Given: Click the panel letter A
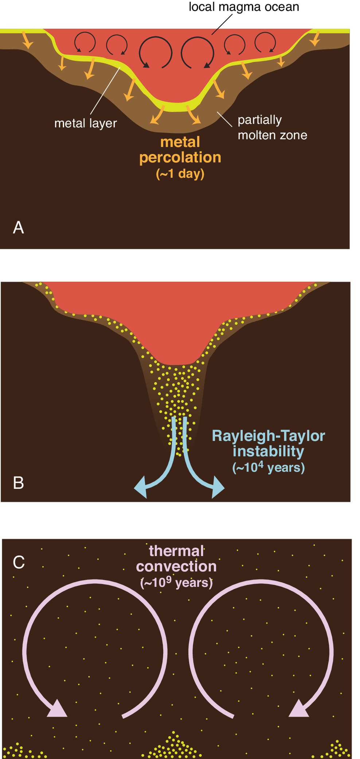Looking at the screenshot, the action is [x=18, y=228].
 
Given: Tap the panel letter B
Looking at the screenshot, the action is [x=18, y=483].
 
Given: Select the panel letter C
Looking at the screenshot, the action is [x=19, y=562].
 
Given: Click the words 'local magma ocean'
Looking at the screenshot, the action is [x=244, y=7].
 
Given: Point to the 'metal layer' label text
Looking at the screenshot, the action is [x=85, y=123].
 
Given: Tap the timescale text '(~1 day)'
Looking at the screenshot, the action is [x=180, y=173].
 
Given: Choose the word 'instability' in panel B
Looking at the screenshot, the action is [x=268, y=451].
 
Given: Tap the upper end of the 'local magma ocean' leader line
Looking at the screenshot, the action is [x=232, y=15].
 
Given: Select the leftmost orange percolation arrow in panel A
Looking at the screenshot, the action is [x=27, y=40].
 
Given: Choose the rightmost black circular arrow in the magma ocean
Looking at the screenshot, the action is [x=265, y=42].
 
